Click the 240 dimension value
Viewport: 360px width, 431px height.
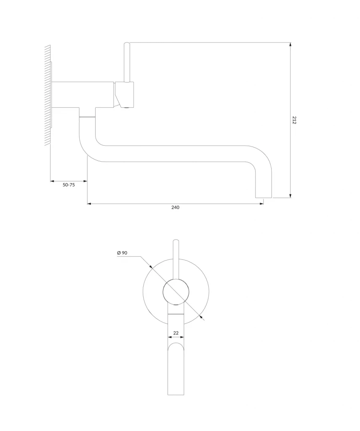pyautogui.click(x=175, y=207)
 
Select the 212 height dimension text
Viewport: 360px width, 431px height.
pyautogui.click(x=294, y=120)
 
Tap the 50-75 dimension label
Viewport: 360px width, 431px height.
pyautogui.click(x=69, y=185)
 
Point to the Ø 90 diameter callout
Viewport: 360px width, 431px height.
pyautogui.click(x=122, y=253)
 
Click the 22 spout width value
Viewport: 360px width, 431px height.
pyautogui.click(x=176, y=333)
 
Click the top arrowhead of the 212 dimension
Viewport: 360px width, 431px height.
pyautogui.click(x=291, y=45)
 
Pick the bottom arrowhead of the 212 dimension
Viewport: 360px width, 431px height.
pyautogui.click(x=291, y=195)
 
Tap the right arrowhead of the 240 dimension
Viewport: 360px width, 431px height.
pyautogui.click(x=261, y=204)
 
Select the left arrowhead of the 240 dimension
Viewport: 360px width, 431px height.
pyautogui.click(x=90, y=204)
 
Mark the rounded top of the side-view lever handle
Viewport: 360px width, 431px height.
pyautogui.click(x=127, y=43)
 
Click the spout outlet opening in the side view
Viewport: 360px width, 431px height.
pyautogui.click(x=264, y=197)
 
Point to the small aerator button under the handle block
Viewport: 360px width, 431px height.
pyautogui.click(x=127, y=107)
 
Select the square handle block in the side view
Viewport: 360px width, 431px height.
pyautogui.click(x=125, y=94)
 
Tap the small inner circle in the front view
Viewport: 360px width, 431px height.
pyautogui.click(x=176, y=292)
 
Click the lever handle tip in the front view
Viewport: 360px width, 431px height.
pyautogui.click(x=176, y=241)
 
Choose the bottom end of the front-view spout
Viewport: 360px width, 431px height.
pyautogui.click(x=176, y=395)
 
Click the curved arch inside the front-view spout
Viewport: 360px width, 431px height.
pyautogui.click(x=176, y=343)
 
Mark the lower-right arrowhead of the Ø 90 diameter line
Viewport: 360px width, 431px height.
pyautogui.click(x=203, y=318)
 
